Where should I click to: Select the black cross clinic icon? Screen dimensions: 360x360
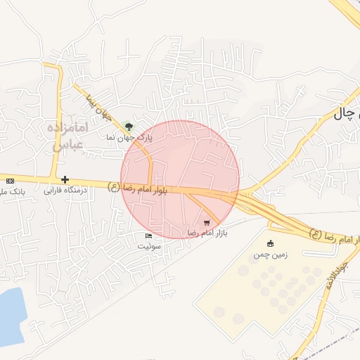click(x=65, y=180)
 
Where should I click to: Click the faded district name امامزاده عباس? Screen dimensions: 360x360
click(x=68, y=136)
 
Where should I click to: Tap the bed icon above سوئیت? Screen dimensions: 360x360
click(x=148, y=236)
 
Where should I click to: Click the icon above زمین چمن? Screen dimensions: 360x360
click(x=271, y=243)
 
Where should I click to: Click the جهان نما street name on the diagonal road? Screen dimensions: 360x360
click(x=98, y=107)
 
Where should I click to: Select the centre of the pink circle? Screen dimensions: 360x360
click(x=180, y=179)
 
